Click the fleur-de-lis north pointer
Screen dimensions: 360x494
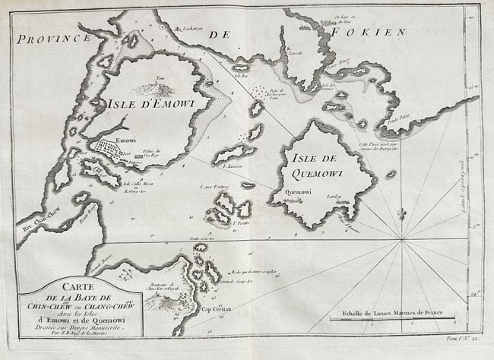[x=401, y=214]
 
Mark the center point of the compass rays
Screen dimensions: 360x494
[x=401, y=242]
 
